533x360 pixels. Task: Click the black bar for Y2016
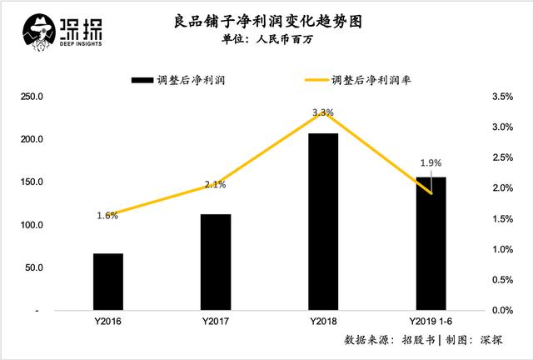coord(108,282)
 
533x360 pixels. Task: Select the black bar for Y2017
coord(216,262)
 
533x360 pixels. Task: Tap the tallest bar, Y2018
coord(323,222)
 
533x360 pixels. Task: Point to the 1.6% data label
coord(108,215)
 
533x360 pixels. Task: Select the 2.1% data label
coord(215,185)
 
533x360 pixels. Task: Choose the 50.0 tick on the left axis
coord(33,267)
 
